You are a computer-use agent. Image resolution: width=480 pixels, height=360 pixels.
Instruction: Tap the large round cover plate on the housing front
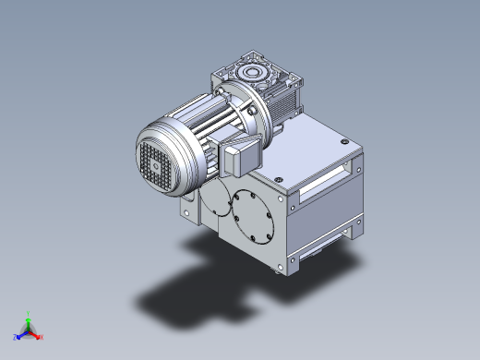click(x=253, y=211)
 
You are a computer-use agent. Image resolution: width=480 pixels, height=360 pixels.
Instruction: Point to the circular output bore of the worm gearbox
click(x=252, y=72)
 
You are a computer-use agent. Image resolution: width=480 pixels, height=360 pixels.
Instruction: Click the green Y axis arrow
click(x=29, y=317)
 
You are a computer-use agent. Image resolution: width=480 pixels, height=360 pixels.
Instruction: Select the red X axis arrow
click(x=39, y=336)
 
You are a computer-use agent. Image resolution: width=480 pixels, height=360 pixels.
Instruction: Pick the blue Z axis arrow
click(x=18, y=336)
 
